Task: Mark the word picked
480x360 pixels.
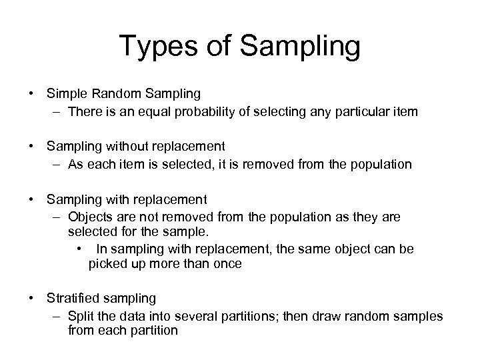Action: [105, 264]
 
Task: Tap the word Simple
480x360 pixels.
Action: [65, 94]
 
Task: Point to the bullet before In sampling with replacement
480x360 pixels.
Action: [79, 249]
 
